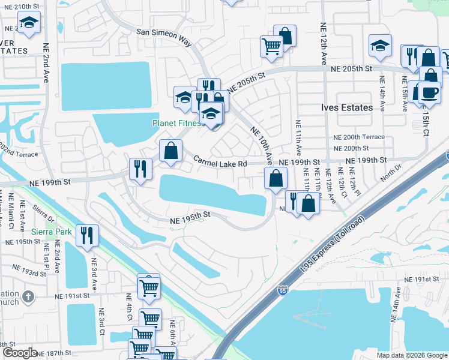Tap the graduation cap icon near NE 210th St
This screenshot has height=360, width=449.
27,25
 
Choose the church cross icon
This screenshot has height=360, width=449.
28,296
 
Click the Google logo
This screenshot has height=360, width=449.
20,353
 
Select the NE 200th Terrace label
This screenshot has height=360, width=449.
359,137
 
